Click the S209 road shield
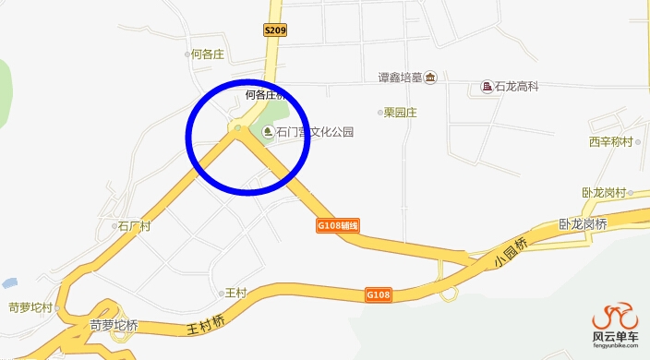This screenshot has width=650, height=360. pyautogui.click(x=276, y=30)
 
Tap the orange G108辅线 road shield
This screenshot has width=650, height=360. pyautogui.click(x=337, y=225)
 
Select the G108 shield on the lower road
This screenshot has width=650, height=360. pyautogui.click(x=379, y=294)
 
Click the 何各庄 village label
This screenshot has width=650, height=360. pyautogui.click(x=207, y=54)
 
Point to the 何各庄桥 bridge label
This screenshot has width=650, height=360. pyautogui.click(x=266, y=95)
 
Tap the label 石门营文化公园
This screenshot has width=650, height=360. pyautogui.click(x=315, y=133)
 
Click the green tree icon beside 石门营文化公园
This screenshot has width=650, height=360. pyautogui.click(x=268, y=133)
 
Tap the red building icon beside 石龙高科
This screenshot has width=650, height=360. pyautogui.click(x=487, y=88)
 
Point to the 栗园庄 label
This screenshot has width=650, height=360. pyautogui.click(x=403, y=113)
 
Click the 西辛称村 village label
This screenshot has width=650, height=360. pyautogui.click(x=610, y=142)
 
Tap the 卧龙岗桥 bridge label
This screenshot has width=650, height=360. pyautogui.click(x=583, y=224)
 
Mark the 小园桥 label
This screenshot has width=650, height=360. pyautogui.click(x=510, y=252)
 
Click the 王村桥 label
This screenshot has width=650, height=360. pyautogui.click(x=207, y=324)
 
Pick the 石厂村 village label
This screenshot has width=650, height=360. pyautogui.click(x=133, y=225)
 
